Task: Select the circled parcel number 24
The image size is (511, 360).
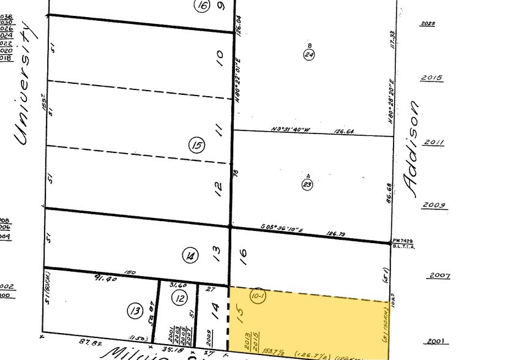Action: pyautogui.click(x=309, y=54)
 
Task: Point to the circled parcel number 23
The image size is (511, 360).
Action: pyautogui.click(x=308, y=185)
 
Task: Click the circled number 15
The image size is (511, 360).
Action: pyautogui.click(x=197, y=145)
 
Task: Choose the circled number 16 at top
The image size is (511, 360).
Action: pyautogui.click(x=202, y=6)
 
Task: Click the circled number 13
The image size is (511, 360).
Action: pyautogui.click(x=135, y=310)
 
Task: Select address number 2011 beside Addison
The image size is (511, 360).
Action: pyautogui.click(x=433, y=142)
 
